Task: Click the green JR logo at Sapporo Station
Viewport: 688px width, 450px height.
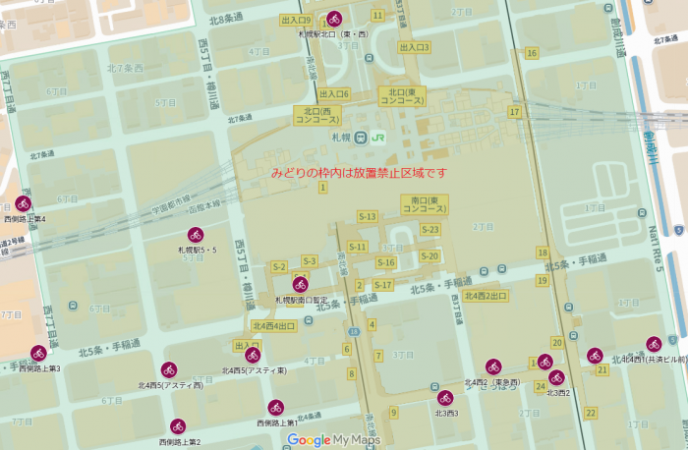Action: [377, 138]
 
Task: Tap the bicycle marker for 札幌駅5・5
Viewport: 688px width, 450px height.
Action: [196, 235]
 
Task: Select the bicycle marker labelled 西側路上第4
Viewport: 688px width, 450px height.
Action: [23, 203]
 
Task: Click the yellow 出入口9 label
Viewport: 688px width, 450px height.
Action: [296, 20]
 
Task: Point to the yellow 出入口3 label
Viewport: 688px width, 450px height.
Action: [414, 47]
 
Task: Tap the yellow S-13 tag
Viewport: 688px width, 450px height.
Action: [368, 216]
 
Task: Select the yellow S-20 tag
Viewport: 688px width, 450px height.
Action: [430, 256]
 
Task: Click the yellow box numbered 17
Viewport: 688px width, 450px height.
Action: [514, 112]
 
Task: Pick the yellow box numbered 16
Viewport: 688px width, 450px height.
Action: [532, 53]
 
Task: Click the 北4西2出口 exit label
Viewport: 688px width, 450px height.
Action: [486, 295]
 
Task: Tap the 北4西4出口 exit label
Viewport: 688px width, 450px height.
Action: [273, 326]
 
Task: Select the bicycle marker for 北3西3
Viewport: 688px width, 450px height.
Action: [445, 398]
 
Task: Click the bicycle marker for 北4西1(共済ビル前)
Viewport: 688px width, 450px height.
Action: [654, 344]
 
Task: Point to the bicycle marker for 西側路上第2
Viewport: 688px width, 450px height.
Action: [177, 426]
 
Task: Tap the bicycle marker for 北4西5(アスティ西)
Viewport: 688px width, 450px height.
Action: [169, 369]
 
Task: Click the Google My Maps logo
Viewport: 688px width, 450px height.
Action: [333, 440]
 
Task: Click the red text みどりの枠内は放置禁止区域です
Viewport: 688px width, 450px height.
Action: [359, 173]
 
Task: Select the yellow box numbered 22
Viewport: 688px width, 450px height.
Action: [590, 412]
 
